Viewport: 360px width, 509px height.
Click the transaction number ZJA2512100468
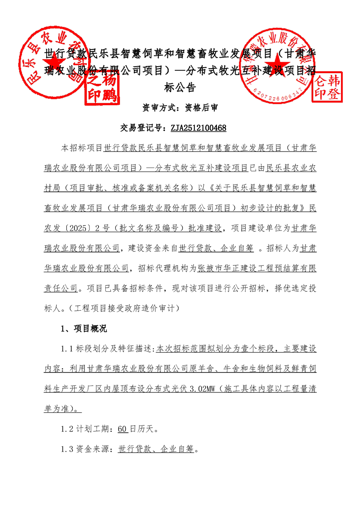pyautogui.click(x=198, y=128)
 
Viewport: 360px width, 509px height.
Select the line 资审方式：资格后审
pyautogui.click(x=180, y=108)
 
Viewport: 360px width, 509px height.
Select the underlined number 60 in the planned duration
pyautogui.click(x=122, y=429)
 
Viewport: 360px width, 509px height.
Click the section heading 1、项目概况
pyautogui.click(x=84, y=328)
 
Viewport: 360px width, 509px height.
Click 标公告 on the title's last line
pyautogui.click(x=180, y=87)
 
